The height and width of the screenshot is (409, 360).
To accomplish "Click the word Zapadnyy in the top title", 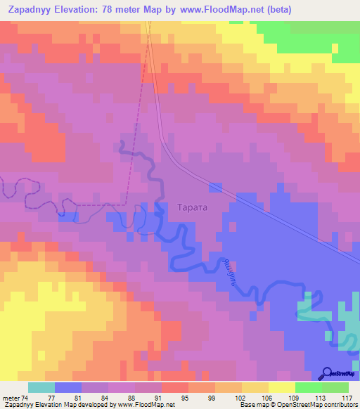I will [34, 10].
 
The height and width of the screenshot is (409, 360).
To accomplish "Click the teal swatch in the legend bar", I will [41, 387].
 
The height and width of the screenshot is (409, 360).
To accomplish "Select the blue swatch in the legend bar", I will [67, 387].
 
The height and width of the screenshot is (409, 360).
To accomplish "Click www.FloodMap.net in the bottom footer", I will [147, 405].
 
